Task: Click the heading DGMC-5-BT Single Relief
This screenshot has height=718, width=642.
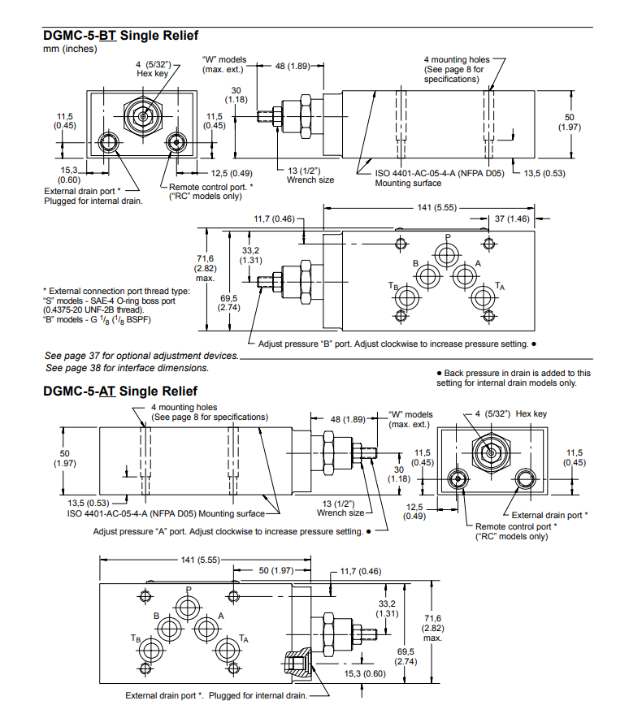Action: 120,36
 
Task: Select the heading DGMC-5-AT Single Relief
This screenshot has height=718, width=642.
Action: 119,391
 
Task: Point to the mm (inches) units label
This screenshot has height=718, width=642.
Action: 69,49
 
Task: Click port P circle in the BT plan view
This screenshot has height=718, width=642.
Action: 446,253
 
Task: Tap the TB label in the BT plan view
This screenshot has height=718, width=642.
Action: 393,286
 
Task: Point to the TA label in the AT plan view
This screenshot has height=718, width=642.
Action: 243,638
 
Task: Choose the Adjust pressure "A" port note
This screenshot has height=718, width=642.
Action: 232,531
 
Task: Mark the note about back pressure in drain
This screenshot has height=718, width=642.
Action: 514,378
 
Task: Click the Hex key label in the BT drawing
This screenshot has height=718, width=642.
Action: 151,68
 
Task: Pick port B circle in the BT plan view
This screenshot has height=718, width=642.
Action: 427,277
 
